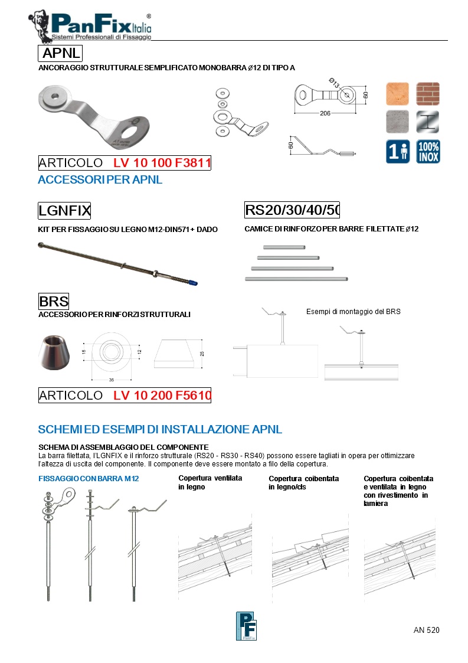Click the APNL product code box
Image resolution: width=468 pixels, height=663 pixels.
tap(60, 54)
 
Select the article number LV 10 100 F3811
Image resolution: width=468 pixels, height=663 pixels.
tap(162, 163)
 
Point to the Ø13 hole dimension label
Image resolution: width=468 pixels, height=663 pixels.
tap(333, 84)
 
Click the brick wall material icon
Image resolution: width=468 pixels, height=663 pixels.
tap(428, 93)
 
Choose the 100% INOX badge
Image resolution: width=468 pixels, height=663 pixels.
tap(428, 151)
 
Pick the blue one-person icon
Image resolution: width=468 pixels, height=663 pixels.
tap(397, 151)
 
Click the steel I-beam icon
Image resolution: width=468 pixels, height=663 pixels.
tap(428, 122)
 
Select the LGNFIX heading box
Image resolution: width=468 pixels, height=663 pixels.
tap(64, 210)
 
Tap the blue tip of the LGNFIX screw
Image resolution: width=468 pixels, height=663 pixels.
tap(192, 282)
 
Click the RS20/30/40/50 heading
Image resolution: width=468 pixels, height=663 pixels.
tap(292, 210)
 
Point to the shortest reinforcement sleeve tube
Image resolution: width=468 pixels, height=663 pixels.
tap(284, 248)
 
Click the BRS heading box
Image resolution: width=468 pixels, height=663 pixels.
tap(54, 301)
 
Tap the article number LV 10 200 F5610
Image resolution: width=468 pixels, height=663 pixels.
tap(162, 396)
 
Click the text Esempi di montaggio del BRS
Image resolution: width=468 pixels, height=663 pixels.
tap(353, 312)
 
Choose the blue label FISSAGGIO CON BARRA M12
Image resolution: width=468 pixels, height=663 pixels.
tap(89, 478)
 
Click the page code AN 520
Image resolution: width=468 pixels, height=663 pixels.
tap(426, 630)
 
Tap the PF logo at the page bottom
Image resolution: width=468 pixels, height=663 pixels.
tap(246, 626)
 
